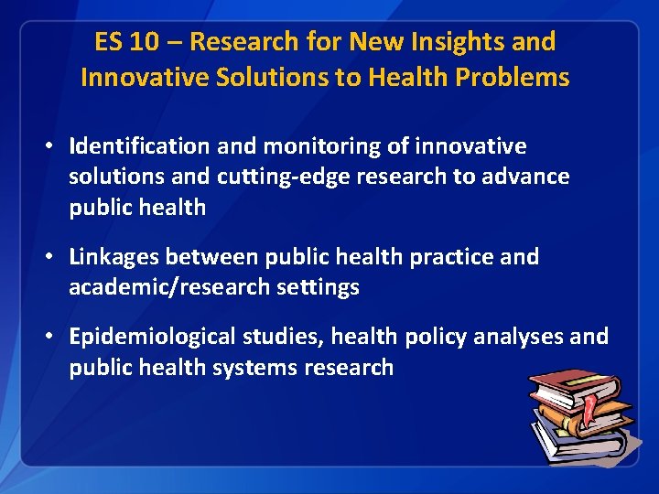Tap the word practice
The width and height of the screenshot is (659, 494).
click(x=447, y=257)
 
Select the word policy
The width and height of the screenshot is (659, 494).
click(x=434, y=337)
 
